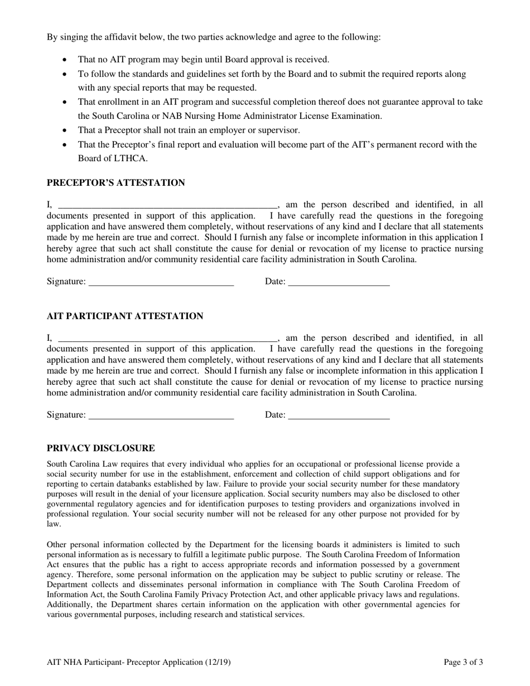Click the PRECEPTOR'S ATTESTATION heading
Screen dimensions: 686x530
[115, 183]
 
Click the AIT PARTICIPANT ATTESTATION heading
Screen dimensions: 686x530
[124, 316]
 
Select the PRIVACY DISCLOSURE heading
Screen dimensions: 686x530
[100, 448]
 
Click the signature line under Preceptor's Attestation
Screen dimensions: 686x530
[161, 282]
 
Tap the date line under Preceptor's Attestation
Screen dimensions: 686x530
[339, 282]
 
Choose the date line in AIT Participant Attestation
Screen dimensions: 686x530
[339, 415]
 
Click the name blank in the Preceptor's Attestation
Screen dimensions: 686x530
[167, 205]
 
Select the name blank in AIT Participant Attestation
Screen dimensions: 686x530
[167, 338]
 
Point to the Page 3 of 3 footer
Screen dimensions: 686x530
[463, 663]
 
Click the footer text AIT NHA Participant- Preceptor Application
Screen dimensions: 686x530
[138, 663]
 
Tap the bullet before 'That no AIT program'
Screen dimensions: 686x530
[66, 60]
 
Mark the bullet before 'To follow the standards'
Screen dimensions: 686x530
[66, 74]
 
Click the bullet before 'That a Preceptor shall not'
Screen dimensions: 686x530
[66, 131]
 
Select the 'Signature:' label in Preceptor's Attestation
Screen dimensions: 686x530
[66, 282]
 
